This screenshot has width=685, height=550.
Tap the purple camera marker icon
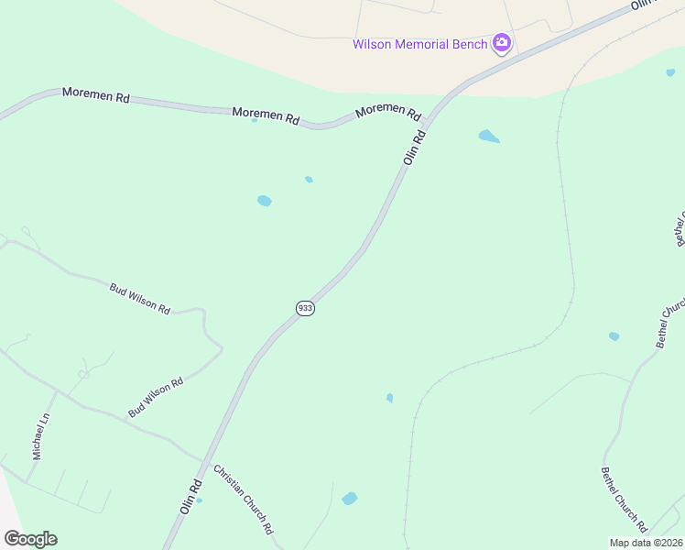coord(501,43)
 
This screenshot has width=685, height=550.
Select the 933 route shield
coord(305,309)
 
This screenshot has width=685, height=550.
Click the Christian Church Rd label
coord(244,500)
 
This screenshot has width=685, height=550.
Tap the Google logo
coord(30,539)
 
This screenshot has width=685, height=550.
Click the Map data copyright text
coord(647,543)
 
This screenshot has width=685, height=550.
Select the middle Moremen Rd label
coord(266,116)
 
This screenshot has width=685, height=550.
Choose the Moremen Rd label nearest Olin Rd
coord(387,111)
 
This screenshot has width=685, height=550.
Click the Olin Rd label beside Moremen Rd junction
coord(414,148)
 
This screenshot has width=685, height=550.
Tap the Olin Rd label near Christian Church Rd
coord(190,496)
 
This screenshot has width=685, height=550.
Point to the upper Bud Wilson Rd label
coord(140,299)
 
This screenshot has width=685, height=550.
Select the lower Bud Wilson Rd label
coord(156,398)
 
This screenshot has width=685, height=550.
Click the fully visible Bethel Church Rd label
coord(625,500)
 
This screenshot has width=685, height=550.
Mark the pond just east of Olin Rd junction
coord(489,137)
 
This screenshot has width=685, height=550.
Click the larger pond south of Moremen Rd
coord(265,201)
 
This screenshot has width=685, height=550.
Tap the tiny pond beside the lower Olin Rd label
coord(199,500)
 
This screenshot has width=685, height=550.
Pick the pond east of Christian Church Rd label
coord(349,499)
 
